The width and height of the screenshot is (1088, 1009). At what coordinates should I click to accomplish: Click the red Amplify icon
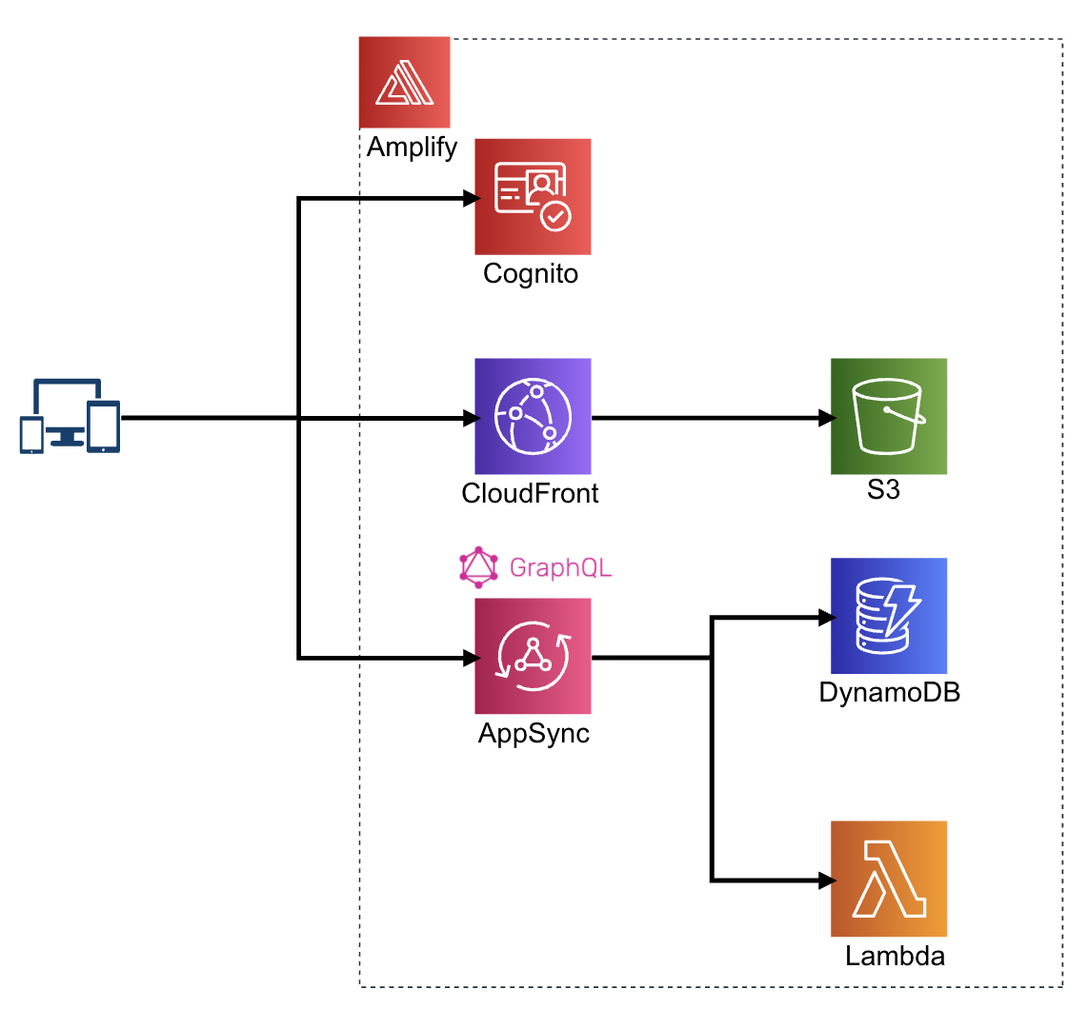[x=404, y=83]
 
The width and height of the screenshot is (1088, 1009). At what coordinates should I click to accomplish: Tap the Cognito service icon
[x=533, y=196]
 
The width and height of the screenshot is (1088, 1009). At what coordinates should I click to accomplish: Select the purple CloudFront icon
[x=533, y=416]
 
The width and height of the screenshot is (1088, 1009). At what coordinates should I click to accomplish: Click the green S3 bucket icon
[x=889, y=416]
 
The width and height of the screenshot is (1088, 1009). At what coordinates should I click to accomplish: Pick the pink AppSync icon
[x=533, y=656]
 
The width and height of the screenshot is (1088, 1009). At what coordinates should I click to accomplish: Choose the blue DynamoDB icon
[x=889, y=616]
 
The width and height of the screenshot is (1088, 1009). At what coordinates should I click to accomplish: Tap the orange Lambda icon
[x=889, y=879]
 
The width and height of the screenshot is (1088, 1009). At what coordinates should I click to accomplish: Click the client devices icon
[x=71, y=417]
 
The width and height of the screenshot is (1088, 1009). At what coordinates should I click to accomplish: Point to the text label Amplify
[x=412, y=148]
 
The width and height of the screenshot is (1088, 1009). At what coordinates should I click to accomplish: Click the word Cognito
[x=531, y=274]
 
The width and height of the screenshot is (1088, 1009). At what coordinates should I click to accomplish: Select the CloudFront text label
[x=531, y=493]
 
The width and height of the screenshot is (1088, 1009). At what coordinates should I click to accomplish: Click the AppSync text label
[x=534, y=734]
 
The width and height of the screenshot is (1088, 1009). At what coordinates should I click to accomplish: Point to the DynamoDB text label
[x=889, y=693]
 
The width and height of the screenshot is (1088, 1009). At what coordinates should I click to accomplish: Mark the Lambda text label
[x=895, y=956]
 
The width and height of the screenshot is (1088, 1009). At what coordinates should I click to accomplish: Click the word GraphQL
[x=560, y=568]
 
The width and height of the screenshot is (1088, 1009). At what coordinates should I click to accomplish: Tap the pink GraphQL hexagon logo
[x=479, y=566]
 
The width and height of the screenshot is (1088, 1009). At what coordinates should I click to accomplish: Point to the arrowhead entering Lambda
[x=824, y=880]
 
